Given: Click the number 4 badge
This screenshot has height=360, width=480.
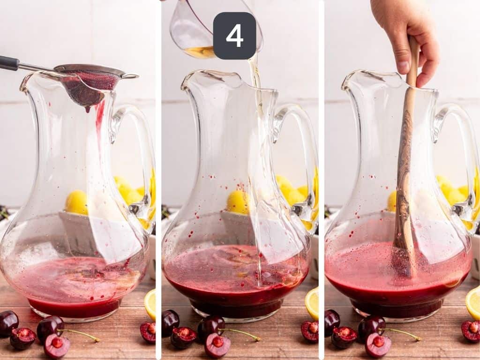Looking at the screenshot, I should coord(234,36).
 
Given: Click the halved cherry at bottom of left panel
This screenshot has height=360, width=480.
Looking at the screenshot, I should coord(57,345).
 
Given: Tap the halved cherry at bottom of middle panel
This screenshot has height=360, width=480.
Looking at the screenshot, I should coord(217,345).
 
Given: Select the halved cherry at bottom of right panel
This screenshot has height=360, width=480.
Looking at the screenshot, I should coord(378,345).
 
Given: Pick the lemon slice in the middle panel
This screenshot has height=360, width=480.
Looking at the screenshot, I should coord(312,303).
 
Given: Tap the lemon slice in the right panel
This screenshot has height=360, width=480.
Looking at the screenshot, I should coord(473,302).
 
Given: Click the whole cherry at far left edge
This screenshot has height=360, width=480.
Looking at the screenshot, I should coord(8,322).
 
